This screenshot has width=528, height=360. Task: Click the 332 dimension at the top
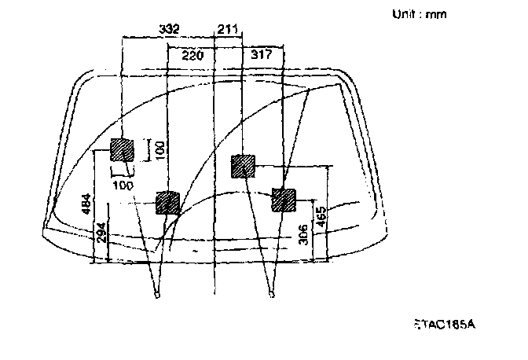click(168, 29)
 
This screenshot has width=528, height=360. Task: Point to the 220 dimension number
click(192, 55)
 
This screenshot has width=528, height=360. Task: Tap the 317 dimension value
click(262, 55)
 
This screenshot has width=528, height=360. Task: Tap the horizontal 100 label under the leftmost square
click(122, 185)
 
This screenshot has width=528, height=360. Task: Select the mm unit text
click(435, 14)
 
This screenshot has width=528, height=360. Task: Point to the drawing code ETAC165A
click(444, 323)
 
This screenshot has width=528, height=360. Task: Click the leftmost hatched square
click(122, 149)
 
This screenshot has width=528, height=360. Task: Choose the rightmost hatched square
click(283, 200)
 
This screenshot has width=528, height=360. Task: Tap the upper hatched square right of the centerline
click(243, 167)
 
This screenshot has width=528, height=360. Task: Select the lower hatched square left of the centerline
click(168, 203)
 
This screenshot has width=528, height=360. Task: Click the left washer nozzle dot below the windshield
click(157, 296)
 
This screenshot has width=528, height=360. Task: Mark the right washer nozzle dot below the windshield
click(271, 296)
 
